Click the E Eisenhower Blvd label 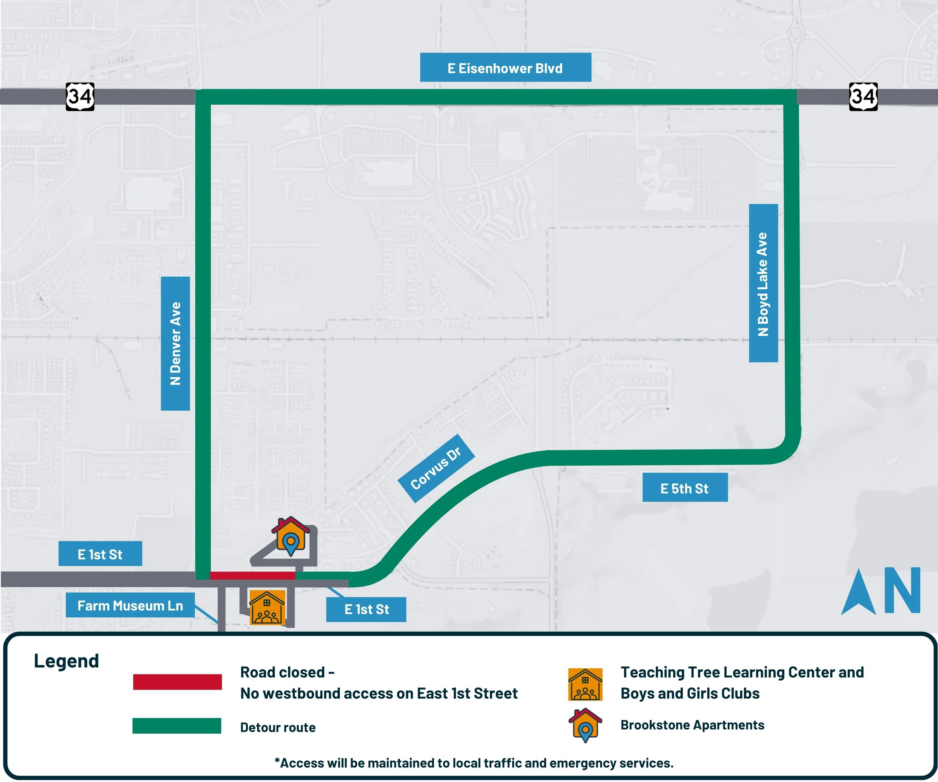pyautogui.click(x=506, y=68)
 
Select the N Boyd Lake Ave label pyautogui.click(x=763, y=283)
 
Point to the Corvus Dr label pyautogui.click(x=436, y=468)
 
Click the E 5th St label pyautogui.click(x=685, y=488)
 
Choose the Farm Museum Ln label pyautogui.click(x=130, y=605)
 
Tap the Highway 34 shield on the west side pyautogui.click(x=80, y=96)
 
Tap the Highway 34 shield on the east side pyautogui.click(x=864, y=96)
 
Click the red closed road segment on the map pyautogui.click(x=252, y=575)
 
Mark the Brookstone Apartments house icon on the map pyautogui.click(x=291, y=536)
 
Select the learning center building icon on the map pyautogui.click(x=267, y=607)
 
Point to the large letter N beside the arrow pyautogui.click(x=902, y=590)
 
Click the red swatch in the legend pyautogui.click(x=177, y=682)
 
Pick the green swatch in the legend pyautogui.click(x=177, y=726)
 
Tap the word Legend pyautogui.click(x=66, y=661)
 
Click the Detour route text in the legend pyautogui.click(x=278, y=728)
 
